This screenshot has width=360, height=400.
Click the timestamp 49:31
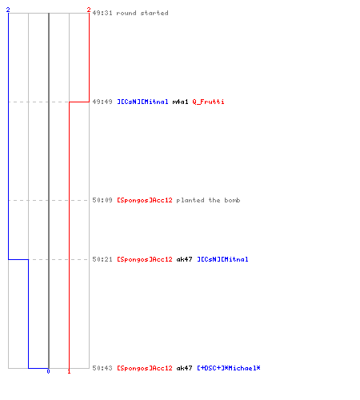pyautogui.click(x=102, y=13)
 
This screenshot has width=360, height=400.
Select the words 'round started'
pyautogui.click(x=142, y=13)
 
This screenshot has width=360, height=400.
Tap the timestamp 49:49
pyautogui.click(x=102, y=102)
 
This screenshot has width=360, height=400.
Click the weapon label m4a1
pyautogui.click(x=181, y=102)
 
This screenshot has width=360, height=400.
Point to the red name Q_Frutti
pyautogui.click(x=208, y=102)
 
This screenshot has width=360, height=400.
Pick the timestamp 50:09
pyautogui.click(x=102, y=200)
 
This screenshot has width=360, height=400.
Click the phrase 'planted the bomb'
pyautogui.click(x=208, y=200)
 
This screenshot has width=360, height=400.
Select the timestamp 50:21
pyautogui.click(x=102, y=259)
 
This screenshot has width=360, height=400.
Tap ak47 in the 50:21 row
pyautogui.click(x=184, y=259)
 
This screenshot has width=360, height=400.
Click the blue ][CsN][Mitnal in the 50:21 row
pyautogui.click(x=222, y=259)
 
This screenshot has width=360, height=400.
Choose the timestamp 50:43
pyautogui.click(x=102, y=368)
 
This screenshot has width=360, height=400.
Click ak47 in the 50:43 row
pyautogui.click(x=184, y=368)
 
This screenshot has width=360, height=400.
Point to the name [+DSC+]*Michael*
pyautogui.click(x=229, y=368)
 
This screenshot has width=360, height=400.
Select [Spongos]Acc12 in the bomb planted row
pyautogui.click(x=145, y=200)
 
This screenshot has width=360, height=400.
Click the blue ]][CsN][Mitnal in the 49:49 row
pyautogui.click(x=142, y=102)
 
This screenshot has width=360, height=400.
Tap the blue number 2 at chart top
pyautogui.click(x=8, y=10)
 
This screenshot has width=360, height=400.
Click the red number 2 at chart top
pyautogui.click(x=89, y=10)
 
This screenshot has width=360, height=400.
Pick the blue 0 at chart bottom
pyautogui.click(x=48, y=371)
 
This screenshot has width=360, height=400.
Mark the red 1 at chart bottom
pyautogui.click(x=69, y=371)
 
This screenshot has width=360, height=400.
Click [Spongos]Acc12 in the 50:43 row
pyautogui.click(x=145, y=368)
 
